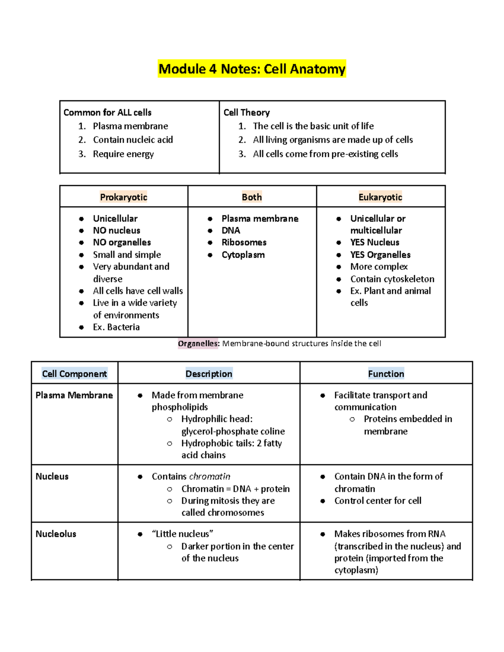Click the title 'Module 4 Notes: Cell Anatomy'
pos(252,69)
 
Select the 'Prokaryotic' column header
pos(123,197)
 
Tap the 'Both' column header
pos(252,197)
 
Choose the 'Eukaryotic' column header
pos(380,197)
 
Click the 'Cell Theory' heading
pos(247,113)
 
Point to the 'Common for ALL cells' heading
pos(108,113)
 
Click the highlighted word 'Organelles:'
pos(198,343)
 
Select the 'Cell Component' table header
pos(74,374)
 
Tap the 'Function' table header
pos(386,374)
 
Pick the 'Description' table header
pos(209,374)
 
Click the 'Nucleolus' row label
pos(56,534)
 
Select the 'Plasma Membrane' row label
pos(74,395)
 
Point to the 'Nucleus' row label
pos(52,477)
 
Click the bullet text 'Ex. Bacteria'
pos(116,327)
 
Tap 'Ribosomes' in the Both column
pos(244,242)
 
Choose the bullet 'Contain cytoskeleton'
pos(392,279)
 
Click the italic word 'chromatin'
pos(210,477)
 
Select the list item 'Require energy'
pos(123,154)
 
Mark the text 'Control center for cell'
pos(378,501)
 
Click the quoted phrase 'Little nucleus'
pos(182,534)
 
